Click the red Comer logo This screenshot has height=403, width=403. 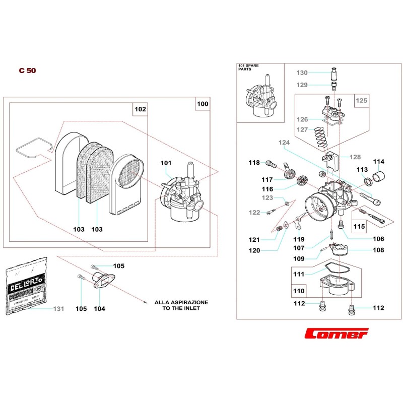[337, 334]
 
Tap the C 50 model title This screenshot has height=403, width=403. [27, 71]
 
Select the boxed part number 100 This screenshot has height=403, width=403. [202, 104]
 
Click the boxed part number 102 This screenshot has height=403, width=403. [140, 109]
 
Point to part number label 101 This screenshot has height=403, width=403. [166, 163]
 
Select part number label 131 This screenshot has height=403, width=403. [59, 308]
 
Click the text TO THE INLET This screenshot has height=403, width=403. [181, 308]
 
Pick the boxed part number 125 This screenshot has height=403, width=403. [362, 101]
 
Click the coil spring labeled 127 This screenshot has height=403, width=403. [319, 137]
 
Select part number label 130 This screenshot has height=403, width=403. [302, 73]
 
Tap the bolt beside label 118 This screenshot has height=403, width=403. [271, 163]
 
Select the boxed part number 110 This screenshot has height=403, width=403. [299, 291]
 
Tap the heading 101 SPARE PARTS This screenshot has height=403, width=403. [247, 68]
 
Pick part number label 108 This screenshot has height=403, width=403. [378, 250]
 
